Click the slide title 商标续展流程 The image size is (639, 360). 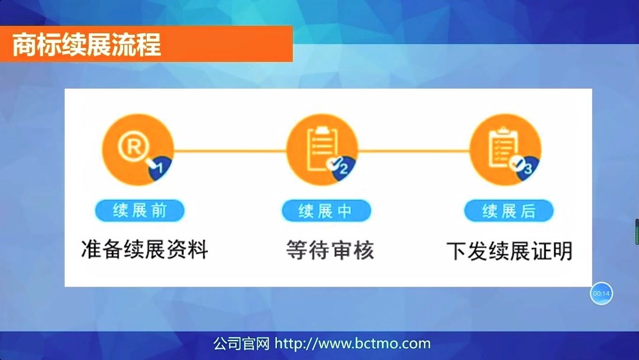86,45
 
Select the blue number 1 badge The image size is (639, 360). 159,168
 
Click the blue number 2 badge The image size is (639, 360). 342,168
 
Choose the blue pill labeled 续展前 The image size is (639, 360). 140,210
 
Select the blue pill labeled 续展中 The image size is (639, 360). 326,211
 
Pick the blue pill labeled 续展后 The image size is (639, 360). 509,211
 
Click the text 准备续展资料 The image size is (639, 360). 144,249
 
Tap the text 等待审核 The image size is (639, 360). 330,249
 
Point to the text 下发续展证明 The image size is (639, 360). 509,250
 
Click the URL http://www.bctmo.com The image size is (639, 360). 353,343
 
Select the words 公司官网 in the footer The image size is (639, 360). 241,343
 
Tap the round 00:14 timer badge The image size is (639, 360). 601,293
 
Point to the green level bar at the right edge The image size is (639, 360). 637,232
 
